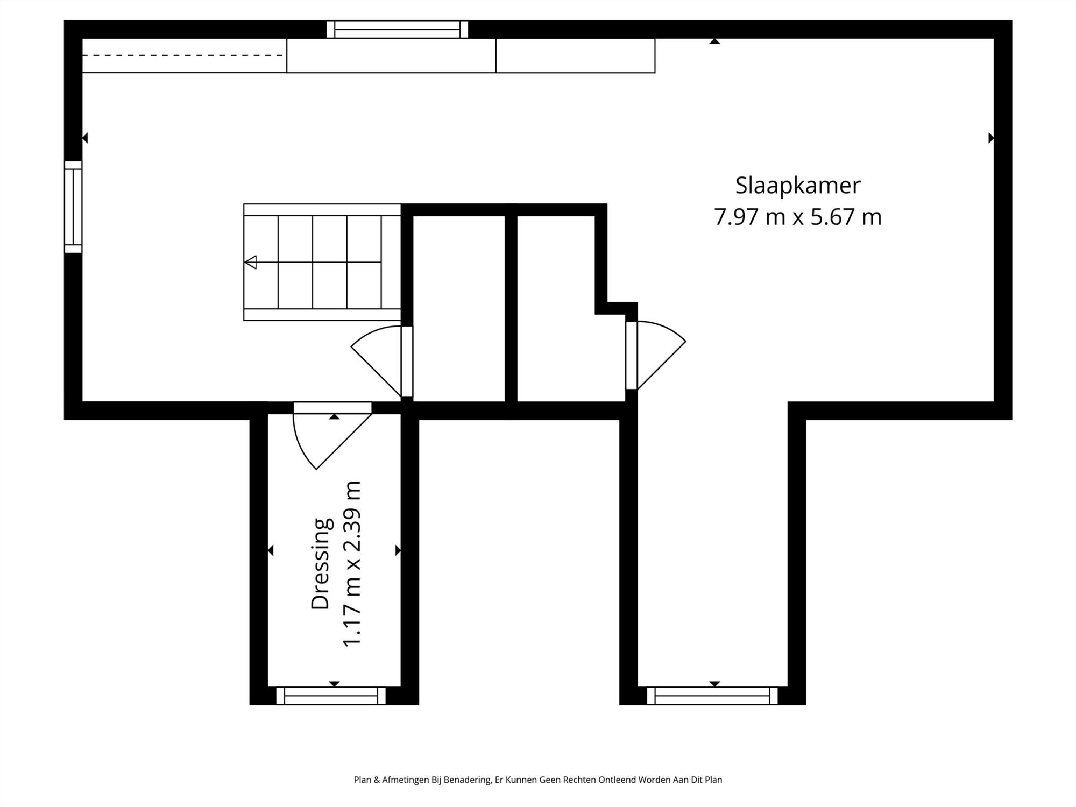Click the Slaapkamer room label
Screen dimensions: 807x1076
click(x=797, y=186)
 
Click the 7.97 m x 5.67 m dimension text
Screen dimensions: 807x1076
click(x=797, y=217)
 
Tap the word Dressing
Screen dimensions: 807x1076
click(x=321, y=563)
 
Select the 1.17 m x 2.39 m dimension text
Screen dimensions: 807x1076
click(x=352, y=563)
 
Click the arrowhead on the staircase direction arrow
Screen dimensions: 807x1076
click(x=251, y=263)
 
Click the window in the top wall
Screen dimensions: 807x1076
click(x=397, y=30)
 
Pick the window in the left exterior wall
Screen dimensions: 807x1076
click(x=73, y=207)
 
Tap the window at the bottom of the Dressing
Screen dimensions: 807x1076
click(x=331, y=696)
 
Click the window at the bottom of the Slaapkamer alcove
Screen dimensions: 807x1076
click(x=712, y=696)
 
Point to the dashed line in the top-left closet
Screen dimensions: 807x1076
click(x=183, y=55)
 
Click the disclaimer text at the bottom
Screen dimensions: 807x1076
click(x=537, y=780)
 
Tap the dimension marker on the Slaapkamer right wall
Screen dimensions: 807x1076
click(x=990, y=138)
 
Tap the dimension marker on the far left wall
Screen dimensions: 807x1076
click(x=85, y=138)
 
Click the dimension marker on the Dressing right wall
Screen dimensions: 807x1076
click(x=398, y=550)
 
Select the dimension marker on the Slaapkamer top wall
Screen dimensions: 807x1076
click(x=714, y=41)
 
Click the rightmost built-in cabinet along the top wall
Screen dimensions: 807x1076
click(x=575, y=55)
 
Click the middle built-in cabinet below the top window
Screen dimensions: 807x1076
click(x=391, y=55)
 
